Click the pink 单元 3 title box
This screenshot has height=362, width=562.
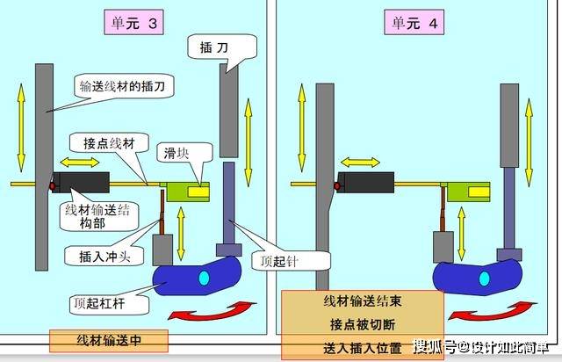tap(133, 23)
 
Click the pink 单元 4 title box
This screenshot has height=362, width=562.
tap(414, 23)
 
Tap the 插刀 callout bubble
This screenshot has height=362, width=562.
tap(222, 47)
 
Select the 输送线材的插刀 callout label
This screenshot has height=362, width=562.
tap(125, 86)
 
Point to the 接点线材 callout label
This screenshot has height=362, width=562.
tap(109, 143)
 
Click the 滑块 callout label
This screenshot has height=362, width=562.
tap(184, 153)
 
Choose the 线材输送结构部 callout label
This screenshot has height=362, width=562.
tap(98, 216)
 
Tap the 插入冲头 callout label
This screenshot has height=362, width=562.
tap(104, 257)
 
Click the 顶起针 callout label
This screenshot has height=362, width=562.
tap(291, 261)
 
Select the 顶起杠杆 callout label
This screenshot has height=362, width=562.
tap(109, 304)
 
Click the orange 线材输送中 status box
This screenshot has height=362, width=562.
tap(109, 341)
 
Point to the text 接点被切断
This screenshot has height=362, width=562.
tap(363, 325)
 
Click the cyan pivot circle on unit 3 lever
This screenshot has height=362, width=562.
tap(204, 278)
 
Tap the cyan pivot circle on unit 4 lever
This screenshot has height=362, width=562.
tap(484, 279)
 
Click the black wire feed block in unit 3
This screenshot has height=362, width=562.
tap(82, 182)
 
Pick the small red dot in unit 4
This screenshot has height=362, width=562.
tap(337, 186)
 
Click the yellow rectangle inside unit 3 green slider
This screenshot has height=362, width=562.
tap(198, 192)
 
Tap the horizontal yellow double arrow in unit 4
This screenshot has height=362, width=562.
tap(360, 163)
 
